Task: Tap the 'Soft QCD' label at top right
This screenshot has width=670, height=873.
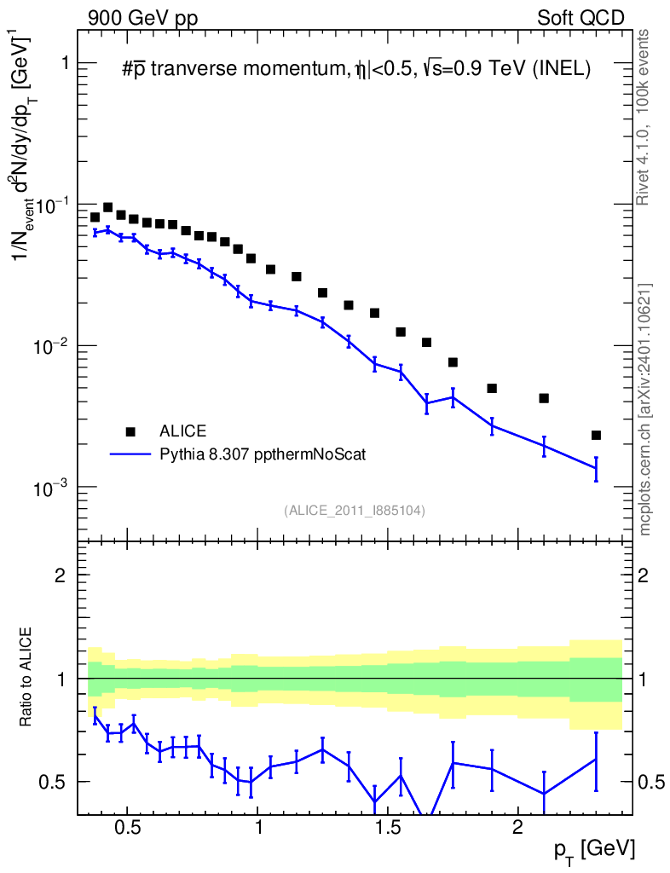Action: pyautogui.click(x=581, y=18)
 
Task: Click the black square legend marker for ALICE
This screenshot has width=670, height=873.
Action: pyautogui.click(x=130, y=431)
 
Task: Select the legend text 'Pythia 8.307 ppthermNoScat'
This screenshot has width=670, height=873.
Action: pyautogui.click(x=263, y=454)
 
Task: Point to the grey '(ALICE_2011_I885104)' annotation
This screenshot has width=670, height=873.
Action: pyautogui.click(x=355, y=510)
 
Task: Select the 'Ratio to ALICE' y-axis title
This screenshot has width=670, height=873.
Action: pyautogui.click(x=26, y=679)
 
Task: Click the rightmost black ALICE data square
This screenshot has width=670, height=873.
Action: pyautogui.click(x=596, y=435)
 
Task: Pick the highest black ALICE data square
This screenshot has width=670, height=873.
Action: pyautogui.click(x=108, y=207)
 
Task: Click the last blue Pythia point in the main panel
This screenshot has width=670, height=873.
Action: pyautogui.click(x=596, y=468)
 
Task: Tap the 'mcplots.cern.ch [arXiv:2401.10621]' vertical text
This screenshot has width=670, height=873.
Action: pyautogui.click(x=645, y=409)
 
